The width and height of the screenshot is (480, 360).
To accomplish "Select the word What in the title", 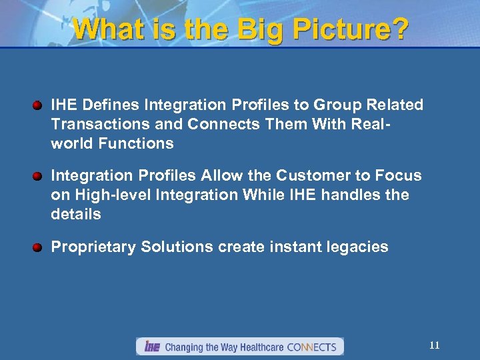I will coord(103,29).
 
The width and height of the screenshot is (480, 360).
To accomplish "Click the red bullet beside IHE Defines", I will coord(39,105).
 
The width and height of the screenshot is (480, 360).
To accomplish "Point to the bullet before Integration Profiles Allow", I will coord(39,176).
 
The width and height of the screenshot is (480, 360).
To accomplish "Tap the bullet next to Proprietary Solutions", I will coord(39,247).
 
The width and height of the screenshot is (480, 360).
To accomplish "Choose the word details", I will coord(75,215).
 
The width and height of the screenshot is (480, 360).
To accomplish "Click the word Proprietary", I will coord(93,247).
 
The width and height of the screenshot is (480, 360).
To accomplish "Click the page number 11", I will coord(435,345).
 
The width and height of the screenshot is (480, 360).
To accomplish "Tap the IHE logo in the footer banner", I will coord(151,347).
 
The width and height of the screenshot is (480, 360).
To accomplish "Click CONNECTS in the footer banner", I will coord(311,347).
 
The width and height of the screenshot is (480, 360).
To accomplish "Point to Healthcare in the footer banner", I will coord(260,347).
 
